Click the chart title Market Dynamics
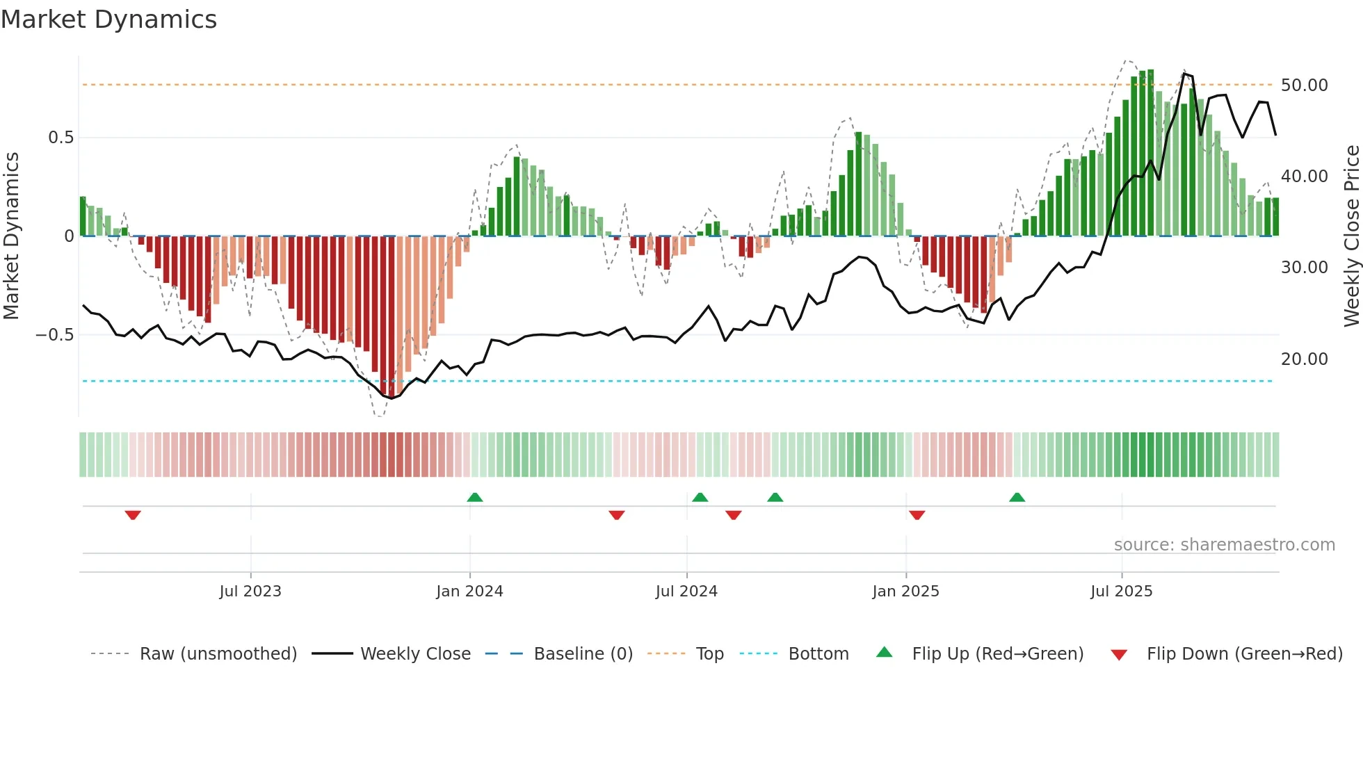tap(109, 19)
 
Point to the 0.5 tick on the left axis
tap(61, 138)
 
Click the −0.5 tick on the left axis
tap(55, 335)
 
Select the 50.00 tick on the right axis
tap(1304, 85)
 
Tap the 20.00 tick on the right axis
tap(1304, 359)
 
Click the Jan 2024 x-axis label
tap(469, 592)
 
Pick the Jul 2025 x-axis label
tap(1121, 592)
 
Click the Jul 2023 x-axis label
tap(250, 592)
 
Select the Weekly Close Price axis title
tap(1350, 236)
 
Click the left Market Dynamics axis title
tap(11, 236)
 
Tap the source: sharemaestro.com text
tap(1224, 545)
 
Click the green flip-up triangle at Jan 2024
tap(475, 498)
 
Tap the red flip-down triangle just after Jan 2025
tap(917, 515)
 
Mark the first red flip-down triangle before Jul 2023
tap(133, 515)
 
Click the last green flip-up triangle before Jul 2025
tap(1017, 498)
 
